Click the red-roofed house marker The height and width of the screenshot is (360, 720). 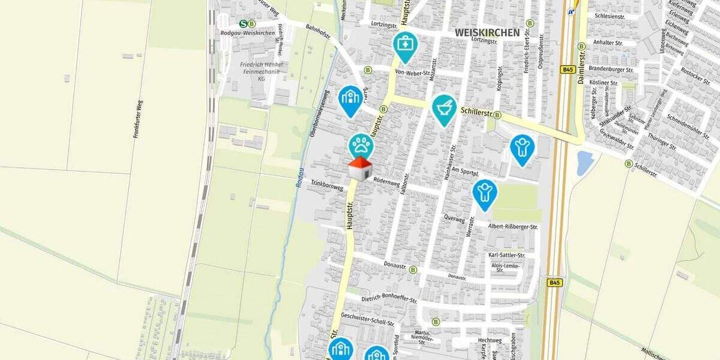[359, 169]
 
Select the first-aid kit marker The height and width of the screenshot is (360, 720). [405, 44]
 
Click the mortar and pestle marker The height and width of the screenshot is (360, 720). [444, 108]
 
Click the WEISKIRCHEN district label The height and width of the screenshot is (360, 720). [487, 32]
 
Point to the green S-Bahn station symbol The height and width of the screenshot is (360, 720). [243, 23]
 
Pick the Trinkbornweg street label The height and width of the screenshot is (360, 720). [327, 185]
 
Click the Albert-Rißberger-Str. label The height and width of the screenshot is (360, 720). [513, 227]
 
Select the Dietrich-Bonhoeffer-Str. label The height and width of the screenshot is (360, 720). [389, 298]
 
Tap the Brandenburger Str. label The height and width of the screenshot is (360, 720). [611, 70]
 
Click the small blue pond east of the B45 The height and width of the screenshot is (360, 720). [584, 163]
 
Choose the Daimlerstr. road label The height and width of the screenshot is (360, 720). [583, 64]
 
